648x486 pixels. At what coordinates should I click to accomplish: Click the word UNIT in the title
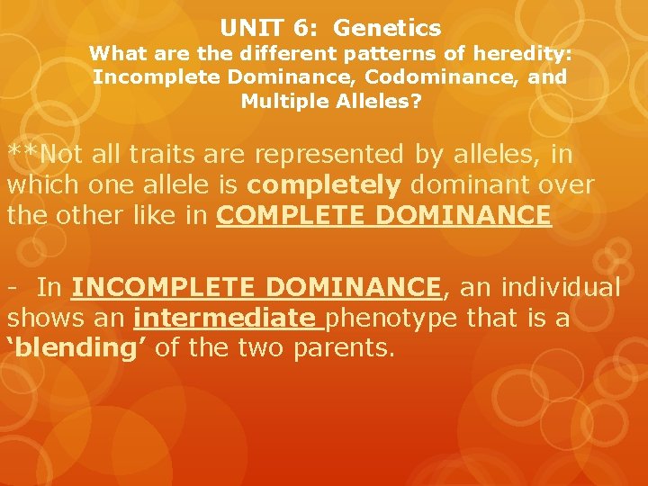(x=245, y=30)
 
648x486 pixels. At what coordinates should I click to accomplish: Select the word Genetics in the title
(x=387, y=30)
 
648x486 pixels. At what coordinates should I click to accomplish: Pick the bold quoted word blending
(x=77, y=348)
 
